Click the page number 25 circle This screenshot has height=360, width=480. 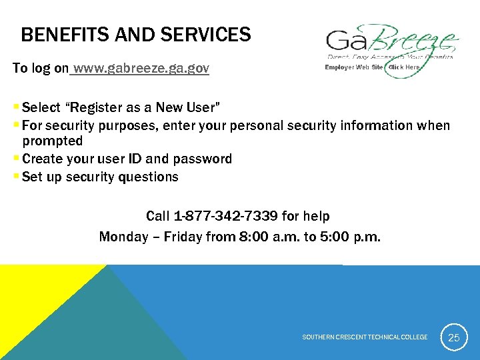[x=453, y=337]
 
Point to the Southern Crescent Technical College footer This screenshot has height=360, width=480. [x=365, y=337]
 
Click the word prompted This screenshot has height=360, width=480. [x=53, y=141]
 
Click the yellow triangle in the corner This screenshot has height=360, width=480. [x=27, y=293]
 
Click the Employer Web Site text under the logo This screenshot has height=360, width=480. [x=353, y=67]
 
